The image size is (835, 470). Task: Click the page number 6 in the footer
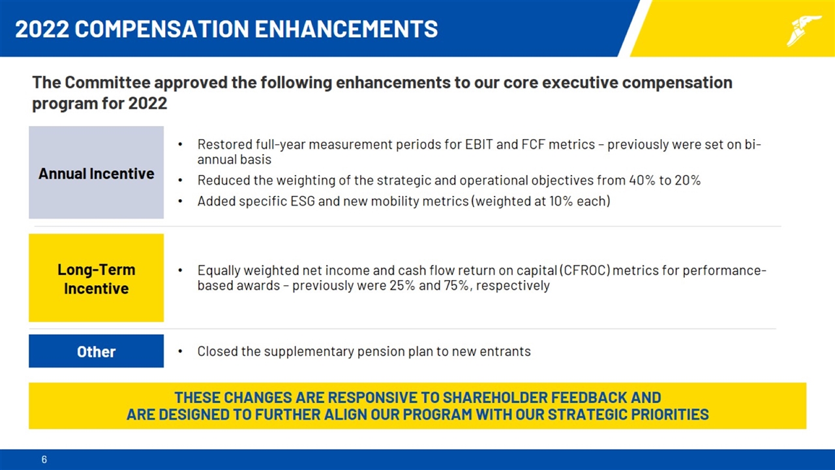click(44, 460)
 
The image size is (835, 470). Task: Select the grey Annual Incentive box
click(96, 173)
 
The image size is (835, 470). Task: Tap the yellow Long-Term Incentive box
click(96, 278)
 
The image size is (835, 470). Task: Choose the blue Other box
click(96, 351)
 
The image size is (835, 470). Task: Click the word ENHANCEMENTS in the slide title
click(346, 29)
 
